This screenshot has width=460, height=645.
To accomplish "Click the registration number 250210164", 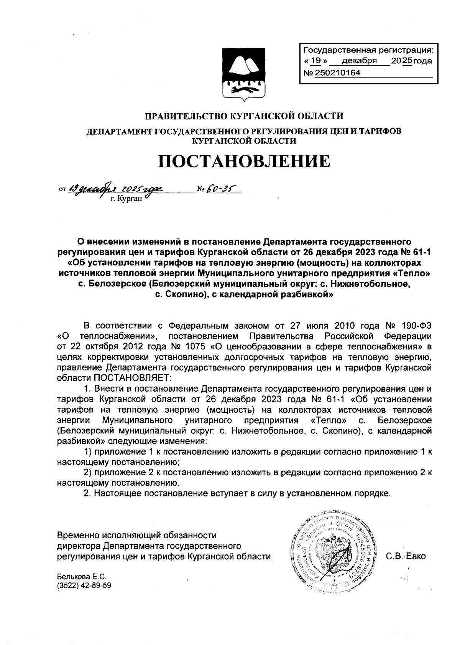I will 337,73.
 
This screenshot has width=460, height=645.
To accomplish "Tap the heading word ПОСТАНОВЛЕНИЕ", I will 244,161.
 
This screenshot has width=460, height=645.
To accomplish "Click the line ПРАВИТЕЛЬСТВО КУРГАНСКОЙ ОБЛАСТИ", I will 243,115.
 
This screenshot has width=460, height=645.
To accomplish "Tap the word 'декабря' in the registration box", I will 359,61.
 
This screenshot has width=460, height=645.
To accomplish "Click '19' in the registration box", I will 316,61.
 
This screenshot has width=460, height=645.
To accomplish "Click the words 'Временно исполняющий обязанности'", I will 136,535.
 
